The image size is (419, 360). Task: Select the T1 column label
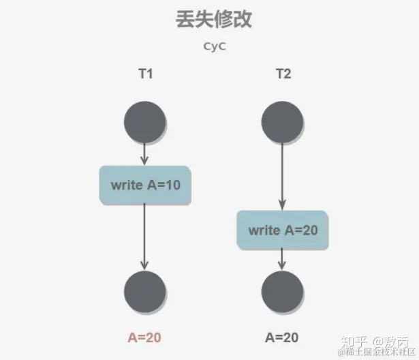[x=144, y=74]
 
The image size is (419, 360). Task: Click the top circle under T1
[x=145, y=123]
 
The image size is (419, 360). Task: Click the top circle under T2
[x=283, y=123]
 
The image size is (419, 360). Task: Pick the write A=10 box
[x=145, y=184]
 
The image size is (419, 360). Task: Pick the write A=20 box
[x=283, y=230]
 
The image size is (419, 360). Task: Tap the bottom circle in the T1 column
[x=145, y=291]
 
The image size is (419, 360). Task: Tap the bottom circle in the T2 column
[x=283, y=291]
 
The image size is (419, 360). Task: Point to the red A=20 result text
[x=144, y=337]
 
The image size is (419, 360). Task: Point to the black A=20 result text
[x=282, y=337]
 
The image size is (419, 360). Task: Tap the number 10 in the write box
[x=172, y=184]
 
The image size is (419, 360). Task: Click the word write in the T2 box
[x=264, y=230]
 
